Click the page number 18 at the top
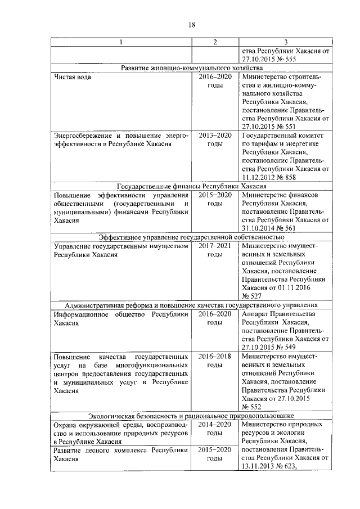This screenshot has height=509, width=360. click(191, 25)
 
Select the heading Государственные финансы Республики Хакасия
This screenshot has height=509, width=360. click(191, 186)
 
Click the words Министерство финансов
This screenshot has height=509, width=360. click(275, 195)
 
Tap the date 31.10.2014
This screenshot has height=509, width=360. click(262, 228)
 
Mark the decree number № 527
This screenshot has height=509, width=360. click(251, 296)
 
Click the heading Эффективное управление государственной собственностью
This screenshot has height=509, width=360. click(191, 237)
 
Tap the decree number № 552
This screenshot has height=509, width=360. click(251, 406)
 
